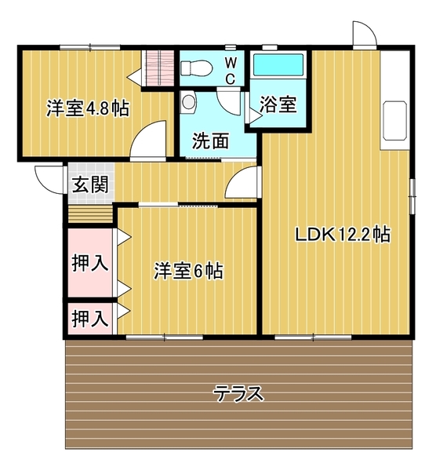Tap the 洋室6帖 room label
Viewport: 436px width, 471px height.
[188, 272]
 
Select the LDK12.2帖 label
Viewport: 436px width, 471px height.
[343, 234]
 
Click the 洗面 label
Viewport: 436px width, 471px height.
[211, 141]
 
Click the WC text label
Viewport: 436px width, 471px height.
[232, 70]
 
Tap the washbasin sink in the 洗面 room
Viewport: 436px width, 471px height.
[188, 100]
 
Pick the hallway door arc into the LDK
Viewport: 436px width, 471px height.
[242, 184]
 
